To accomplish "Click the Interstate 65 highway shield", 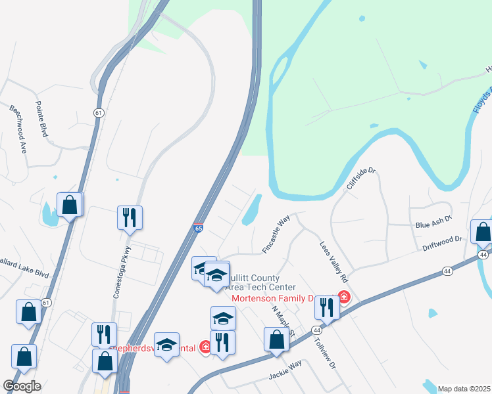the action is [x=198, y=229].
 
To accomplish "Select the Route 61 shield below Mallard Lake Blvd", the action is [x=45, y=301].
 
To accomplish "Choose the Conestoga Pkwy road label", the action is [x=122, y=272].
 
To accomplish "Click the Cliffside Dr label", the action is [x=361, y=179].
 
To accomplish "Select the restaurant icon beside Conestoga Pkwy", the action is [x=130, y=217].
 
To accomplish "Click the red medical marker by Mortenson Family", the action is [x=343, y=297].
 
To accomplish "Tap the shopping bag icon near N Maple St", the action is [x=276, y=340].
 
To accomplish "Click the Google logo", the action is [x=22, y=386].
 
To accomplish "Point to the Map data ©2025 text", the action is [x=463, y=389].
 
